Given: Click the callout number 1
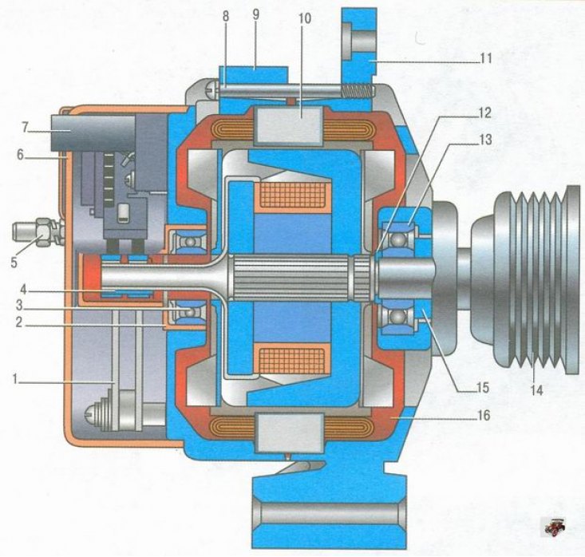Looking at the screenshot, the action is point(15,380).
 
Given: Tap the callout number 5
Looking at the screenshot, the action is point(14,263).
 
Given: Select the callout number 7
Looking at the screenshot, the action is point(24,127).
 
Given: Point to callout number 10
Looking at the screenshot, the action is point(305,18).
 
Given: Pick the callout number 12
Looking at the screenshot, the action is point(484,113).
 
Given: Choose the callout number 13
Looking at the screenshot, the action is point(485,140).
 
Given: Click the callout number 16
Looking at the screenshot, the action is point(484,415).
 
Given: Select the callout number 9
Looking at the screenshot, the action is point(255,15).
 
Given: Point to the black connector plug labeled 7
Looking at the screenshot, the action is point(93,132).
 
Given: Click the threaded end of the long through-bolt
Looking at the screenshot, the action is point(358,92).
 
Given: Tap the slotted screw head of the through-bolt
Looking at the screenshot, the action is point(209,89).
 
